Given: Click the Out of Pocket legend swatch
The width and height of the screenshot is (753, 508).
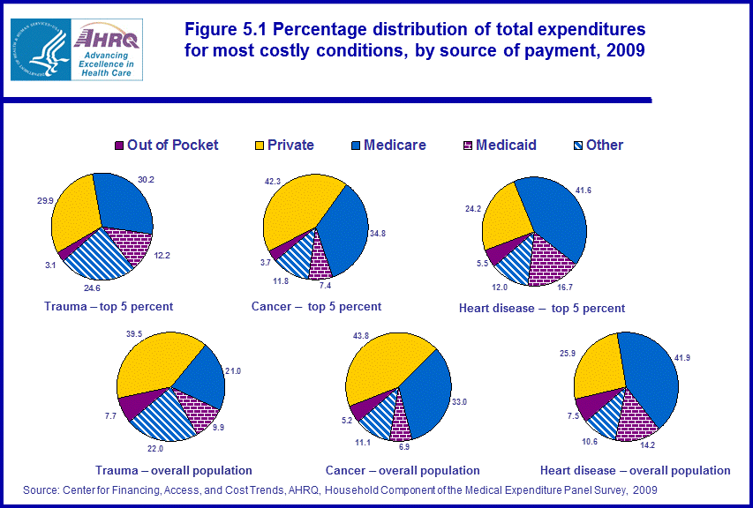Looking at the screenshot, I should coord(119,146).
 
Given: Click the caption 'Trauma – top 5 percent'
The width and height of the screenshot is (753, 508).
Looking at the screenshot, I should coord(109,307).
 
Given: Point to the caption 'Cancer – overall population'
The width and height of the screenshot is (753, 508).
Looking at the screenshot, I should coord(403,470).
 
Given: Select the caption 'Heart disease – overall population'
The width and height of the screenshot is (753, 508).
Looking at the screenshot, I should coord(636,470).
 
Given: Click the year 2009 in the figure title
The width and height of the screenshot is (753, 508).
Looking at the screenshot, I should coord(626,50).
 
